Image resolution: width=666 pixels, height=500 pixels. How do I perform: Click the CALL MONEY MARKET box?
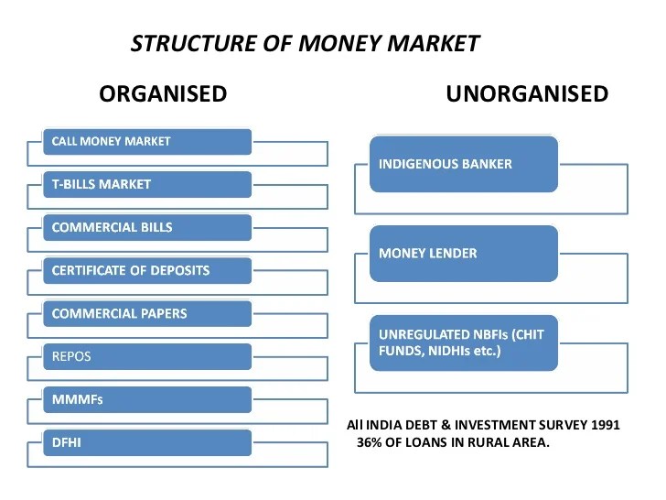tap(147, 142)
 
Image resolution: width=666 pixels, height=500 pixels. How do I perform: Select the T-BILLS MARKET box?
tap(147, 184)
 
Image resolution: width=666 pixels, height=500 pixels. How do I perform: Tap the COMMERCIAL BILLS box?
tap(147, 227)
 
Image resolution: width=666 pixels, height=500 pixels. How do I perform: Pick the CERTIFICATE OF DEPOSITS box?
tap(147, 270)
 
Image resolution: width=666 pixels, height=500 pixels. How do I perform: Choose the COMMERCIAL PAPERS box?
tap(147, 313)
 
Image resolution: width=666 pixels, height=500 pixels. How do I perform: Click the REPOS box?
tap(147, 356)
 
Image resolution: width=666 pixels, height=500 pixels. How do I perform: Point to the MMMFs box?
tap(147, 399)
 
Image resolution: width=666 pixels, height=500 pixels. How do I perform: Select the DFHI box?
tap(147, 442)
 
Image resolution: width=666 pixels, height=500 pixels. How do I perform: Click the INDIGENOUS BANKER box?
tap(463, 165)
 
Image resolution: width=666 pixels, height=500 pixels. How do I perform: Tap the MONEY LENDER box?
tap(463, 252)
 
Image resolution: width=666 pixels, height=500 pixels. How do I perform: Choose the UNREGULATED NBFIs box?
tap(463, 342)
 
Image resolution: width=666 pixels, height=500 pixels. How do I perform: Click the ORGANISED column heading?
tap(163, 93)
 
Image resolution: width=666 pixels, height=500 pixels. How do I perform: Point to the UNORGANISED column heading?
tap(527, 93)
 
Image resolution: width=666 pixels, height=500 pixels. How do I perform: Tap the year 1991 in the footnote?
tap(603, 425)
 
